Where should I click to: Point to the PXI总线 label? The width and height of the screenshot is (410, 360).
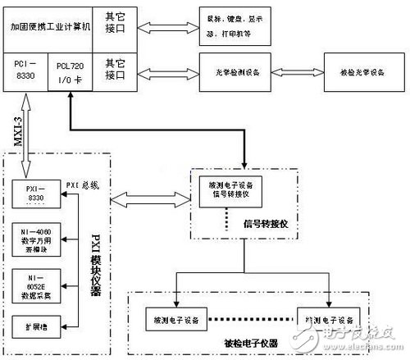[83, 185]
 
